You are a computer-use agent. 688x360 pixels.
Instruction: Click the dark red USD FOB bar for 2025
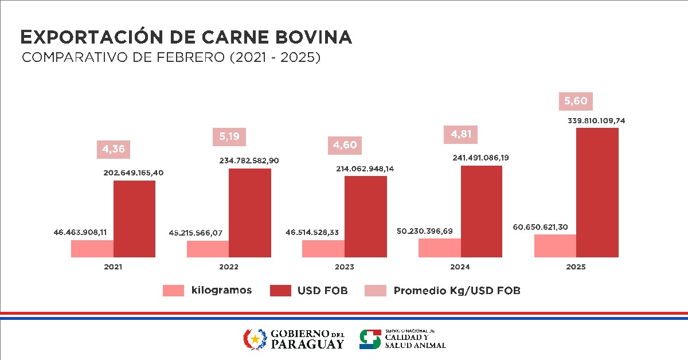597,193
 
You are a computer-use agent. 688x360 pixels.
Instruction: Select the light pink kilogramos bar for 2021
92,249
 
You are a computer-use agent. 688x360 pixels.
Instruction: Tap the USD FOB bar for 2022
250,213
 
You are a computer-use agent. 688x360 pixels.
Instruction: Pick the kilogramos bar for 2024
440,248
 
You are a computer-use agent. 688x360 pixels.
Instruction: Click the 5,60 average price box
576,101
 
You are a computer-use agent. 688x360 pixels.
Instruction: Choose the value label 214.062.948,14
365,169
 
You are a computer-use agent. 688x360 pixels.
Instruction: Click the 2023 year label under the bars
344,267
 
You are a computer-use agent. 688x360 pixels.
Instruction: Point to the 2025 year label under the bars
576,267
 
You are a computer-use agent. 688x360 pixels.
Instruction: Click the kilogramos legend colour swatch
174,291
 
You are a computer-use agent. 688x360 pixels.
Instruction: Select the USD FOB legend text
322,291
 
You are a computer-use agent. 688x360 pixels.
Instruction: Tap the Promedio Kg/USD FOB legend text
456,291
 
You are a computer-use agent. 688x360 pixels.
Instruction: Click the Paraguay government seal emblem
255,339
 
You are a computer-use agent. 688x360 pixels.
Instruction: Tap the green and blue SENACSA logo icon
370,339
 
